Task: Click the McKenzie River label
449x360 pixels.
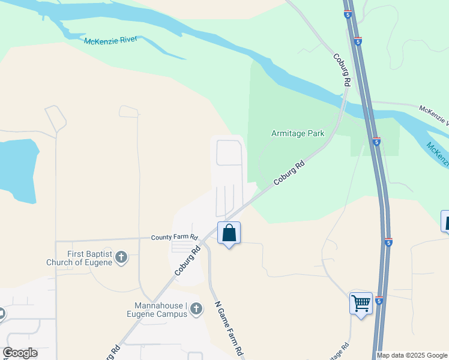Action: pyautogui.click(x=110, y=40)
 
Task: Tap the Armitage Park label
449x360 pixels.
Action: pyautogui.click(x=298, y=133)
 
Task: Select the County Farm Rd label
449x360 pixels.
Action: pyautogui.click(x=174, y=238)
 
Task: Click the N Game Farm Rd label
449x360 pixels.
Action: pyautogui.click(x=229, y=329)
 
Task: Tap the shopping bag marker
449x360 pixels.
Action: pyautogui.click(x=229, y=233)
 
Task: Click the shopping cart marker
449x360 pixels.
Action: pyautogui.click(x=361, y=304)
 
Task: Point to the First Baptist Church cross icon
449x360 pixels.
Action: pyautogui.click(x=121, y=258)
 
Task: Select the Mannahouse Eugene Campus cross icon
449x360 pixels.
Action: pyautogui.click(x=196, y=309)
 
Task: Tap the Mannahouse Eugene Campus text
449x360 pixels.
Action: pyautogui.click(x=157, y=309)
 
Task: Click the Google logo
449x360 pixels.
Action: pyautogui.click(x=20, y=353)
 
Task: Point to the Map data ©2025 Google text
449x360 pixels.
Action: pyautogui.click(x=411, y=355)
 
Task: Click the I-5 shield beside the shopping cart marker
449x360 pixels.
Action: pyautogui.click(x=379, y=301)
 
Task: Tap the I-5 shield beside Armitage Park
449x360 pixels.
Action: pyautogui.click(x=376, y=142)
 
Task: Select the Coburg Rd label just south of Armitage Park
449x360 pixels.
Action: pyautogui.click(x=289, y=173)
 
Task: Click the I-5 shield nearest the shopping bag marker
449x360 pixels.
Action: pyautogui.click(x=389, y=242)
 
